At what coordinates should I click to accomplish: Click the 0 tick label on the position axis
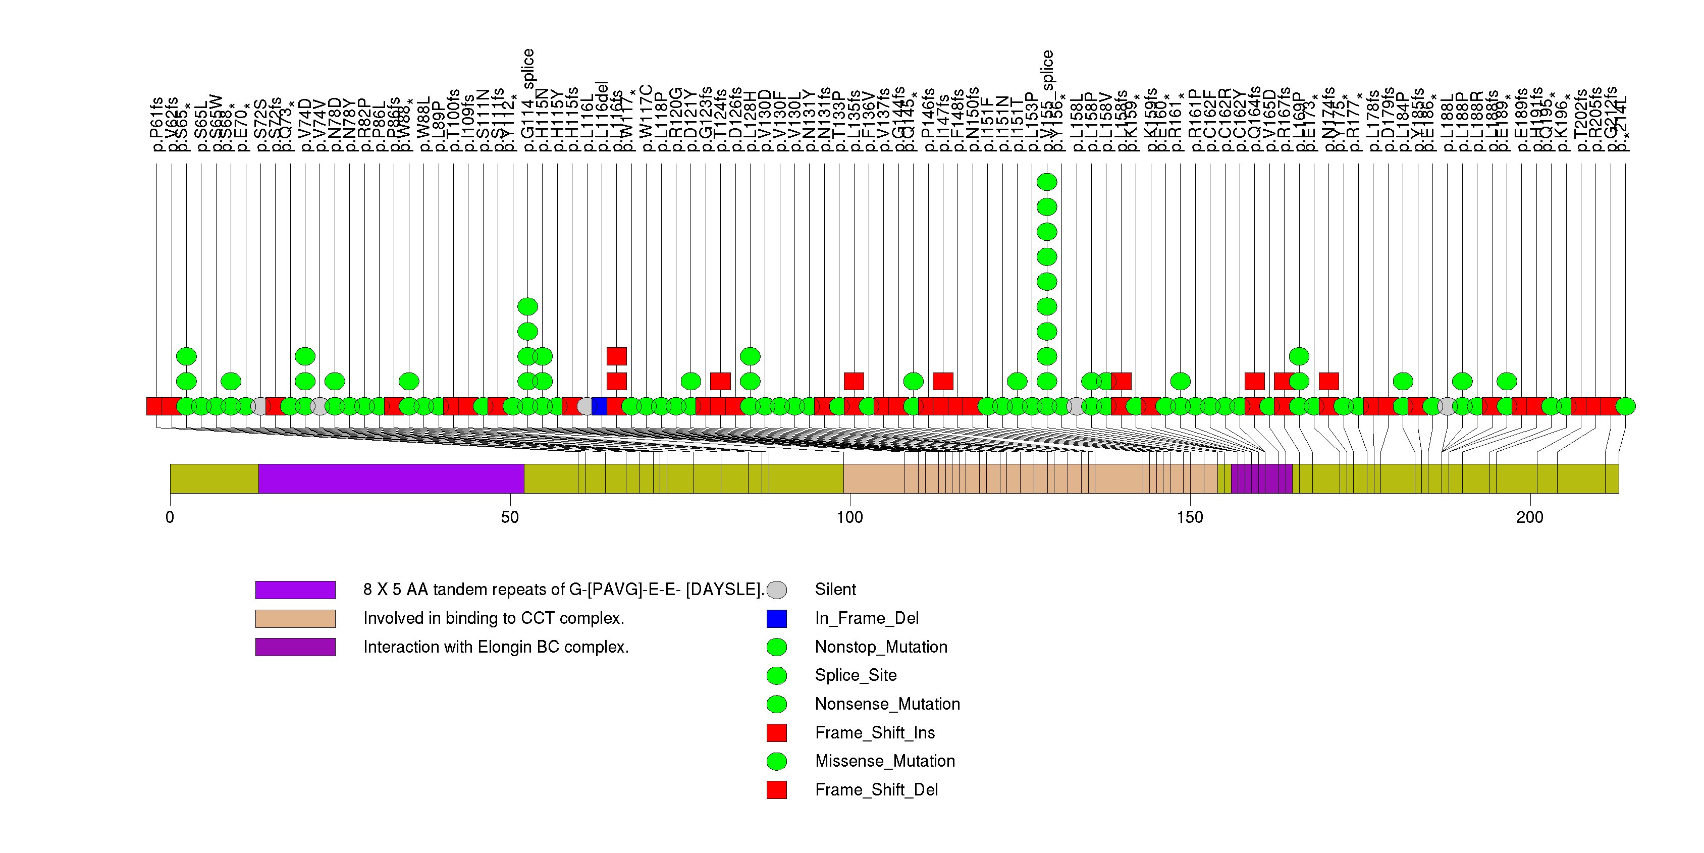click(170, 517)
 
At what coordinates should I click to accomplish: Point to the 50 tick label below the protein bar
click(510, 517)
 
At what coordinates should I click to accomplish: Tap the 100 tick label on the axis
click(850, 517)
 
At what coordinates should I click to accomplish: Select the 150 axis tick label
click(1190, 517)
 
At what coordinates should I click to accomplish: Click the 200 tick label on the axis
click(1530, 517)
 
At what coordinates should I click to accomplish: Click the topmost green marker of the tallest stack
click(1046, 182)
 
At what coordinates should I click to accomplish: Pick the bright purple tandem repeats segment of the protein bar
click(391, 478)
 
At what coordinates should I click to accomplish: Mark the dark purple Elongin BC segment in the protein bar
click(1261, 478)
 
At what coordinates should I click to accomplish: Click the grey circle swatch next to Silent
click(777, 590)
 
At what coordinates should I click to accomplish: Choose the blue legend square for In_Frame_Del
click(777, 618)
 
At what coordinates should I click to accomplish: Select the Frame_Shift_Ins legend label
click(875, 733)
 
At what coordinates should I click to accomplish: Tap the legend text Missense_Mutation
click(884, 761)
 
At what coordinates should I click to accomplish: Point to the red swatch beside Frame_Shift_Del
click(777, 789)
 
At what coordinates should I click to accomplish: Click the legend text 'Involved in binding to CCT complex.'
click(494, 618)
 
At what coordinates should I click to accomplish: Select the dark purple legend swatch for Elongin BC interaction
click(295, 647)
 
